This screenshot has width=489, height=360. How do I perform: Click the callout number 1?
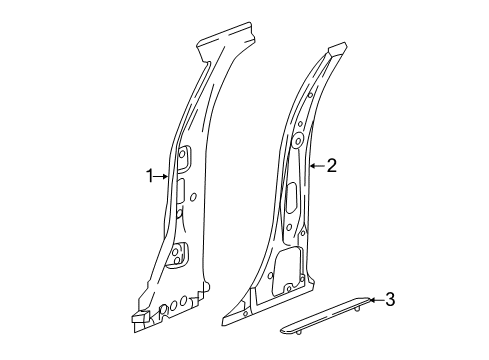click(150, 176)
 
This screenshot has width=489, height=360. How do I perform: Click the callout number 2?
click(330, 167)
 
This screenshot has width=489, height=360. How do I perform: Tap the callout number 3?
click(390, 298)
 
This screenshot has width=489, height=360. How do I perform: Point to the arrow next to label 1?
click(162, 176)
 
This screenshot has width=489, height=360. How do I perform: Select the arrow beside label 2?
click(316, 167)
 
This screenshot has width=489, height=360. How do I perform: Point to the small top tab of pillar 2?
click(337, 49)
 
